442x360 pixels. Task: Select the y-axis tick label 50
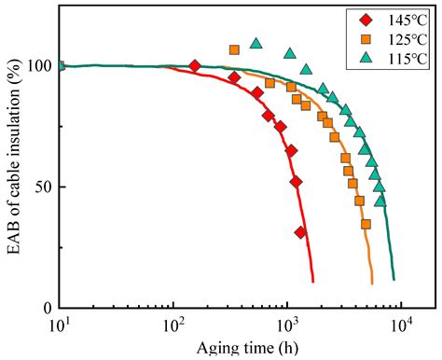click(x=40, y=187)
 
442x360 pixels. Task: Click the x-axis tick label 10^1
click(x=59, y=326)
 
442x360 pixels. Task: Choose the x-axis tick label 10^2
click(x=173, y=326)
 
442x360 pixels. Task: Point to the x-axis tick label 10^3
click(x=287, y=326)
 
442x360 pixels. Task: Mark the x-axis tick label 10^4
click(x=402, y=326)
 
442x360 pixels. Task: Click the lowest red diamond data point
click(x=300, y=232)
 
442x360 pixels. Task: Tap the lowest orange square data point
click(x=366, y=224)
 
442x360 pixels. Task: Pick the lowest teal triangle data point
click(x=380, y=200)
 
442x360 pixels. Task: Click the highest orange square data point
click(x=234, y=49)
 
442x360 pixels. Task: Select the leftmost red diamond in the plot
click(x=194, y=66)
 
